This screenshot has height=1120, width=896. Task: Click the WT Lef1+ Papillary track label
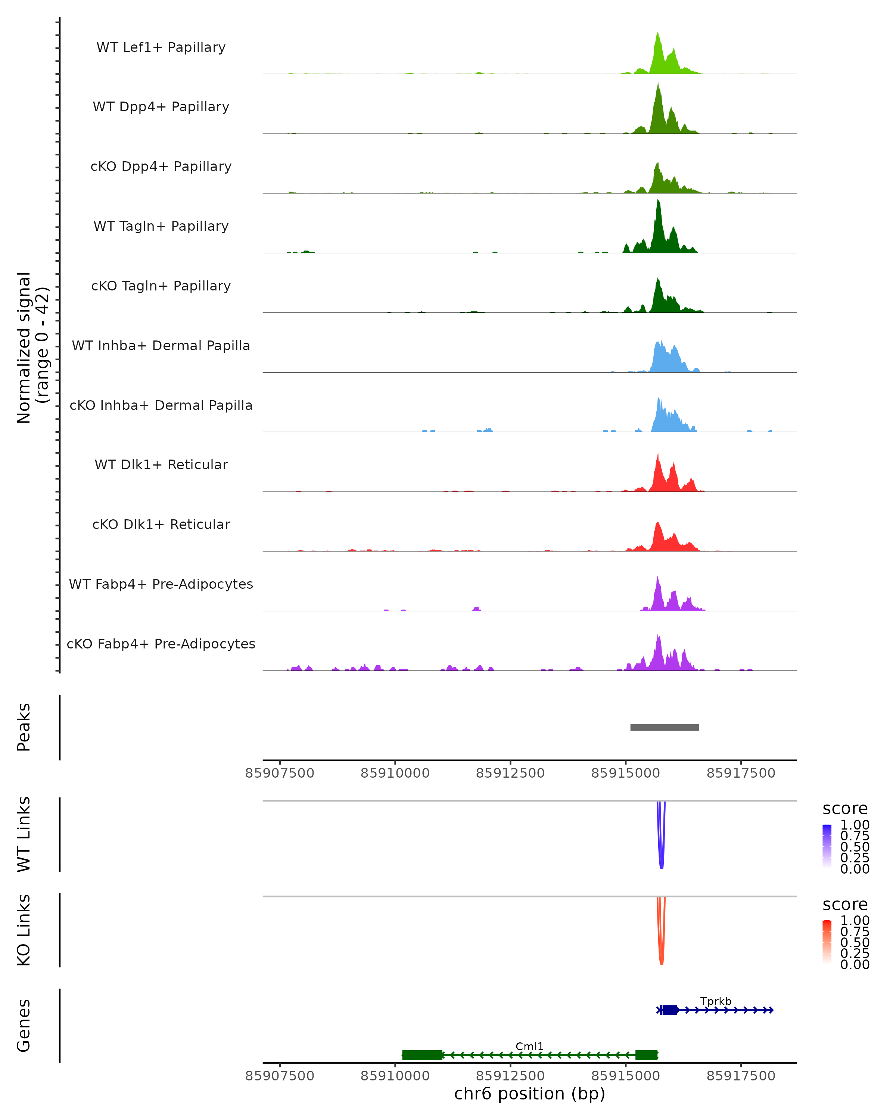click(161, 47)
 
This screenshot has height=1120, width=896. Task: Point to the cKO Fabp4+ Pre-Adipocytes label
click(161, 644)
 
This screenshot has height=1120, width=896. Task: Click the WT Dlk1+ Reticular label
click(161, 464)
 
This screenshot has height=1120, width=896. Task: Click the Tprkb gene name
click(716, 1001)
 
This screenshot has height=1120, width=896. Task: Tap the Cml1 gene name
click(529, 1046)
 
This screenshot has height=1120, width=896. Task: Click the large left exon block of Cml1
click(422, 1055)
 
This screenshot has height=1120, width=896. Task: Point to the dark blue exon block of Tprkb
click(669, 1010)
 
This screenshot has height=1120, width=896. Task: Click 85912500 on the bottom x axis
click(510, 1076)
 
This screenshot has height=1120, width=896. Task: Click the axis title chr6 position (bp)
click(529, 1094)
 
